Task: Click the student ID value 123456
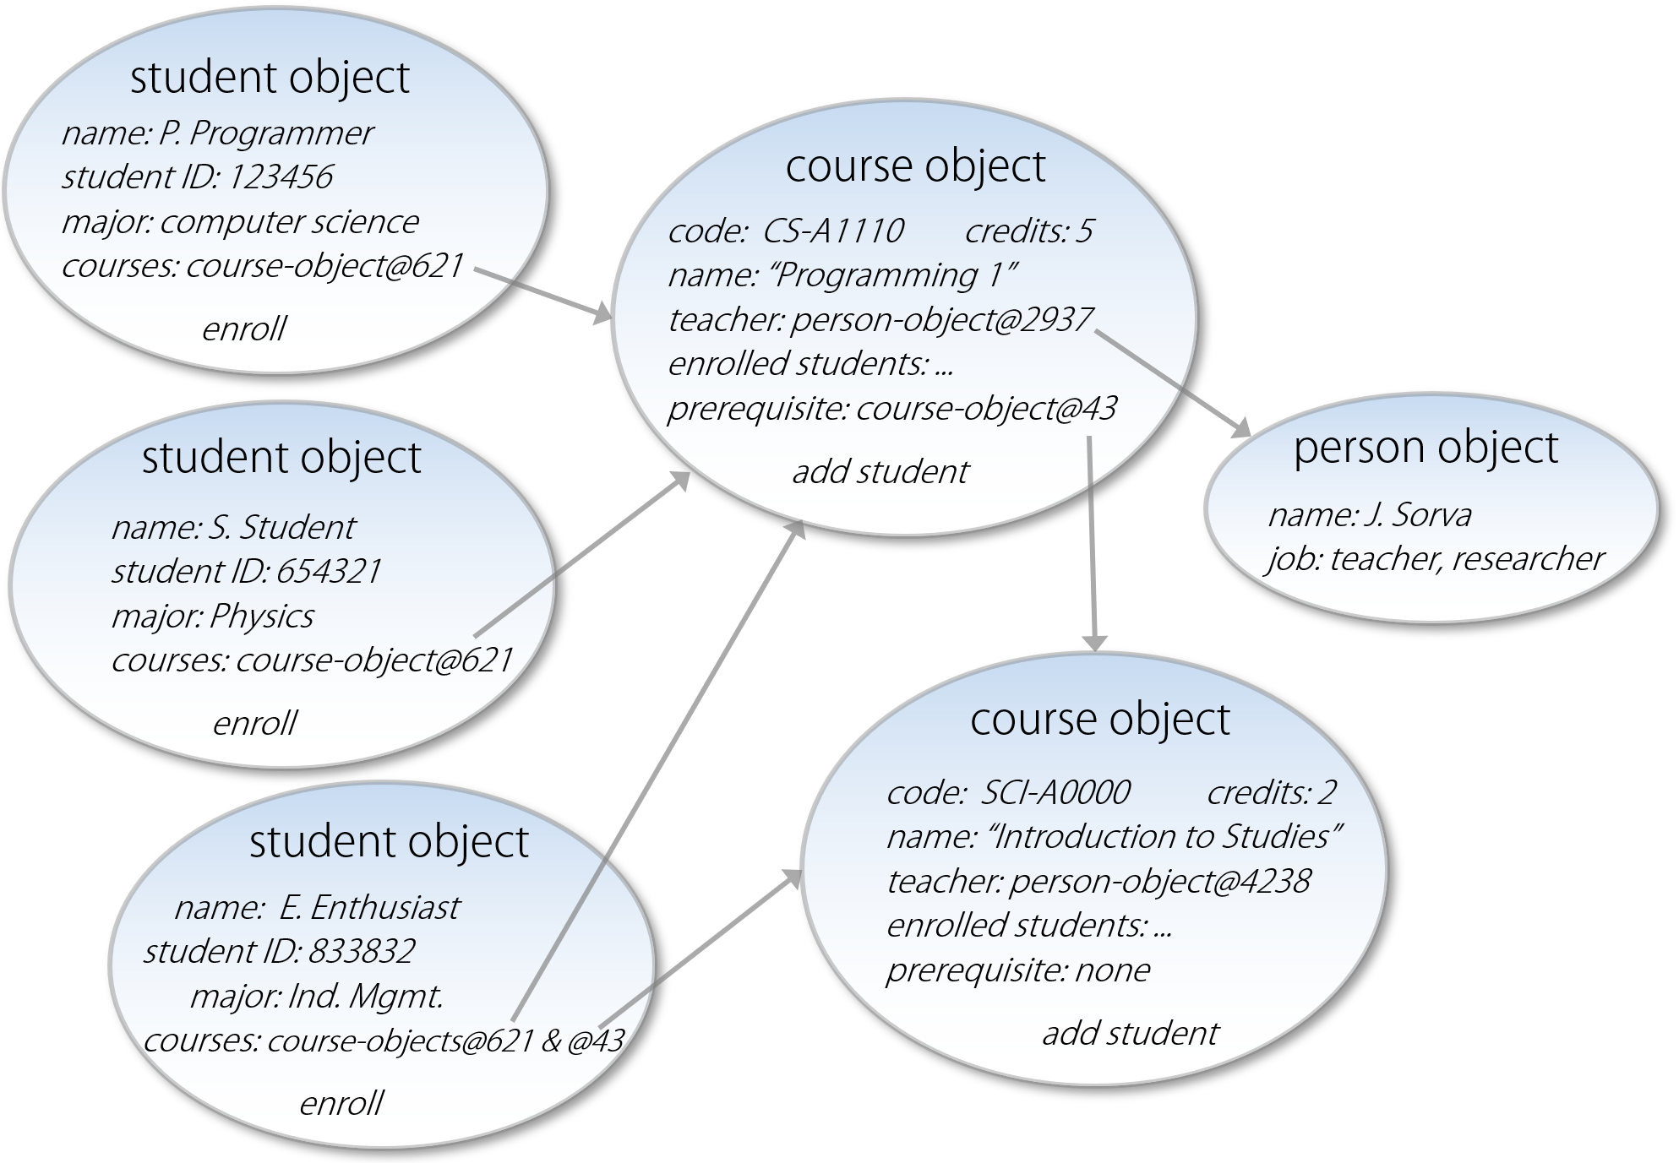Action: coord(281,177)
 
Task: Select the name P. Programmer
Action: coord(265,133)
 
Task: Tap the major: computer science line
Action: coord(240,222)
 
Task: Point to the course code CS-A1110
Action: coord(832,231)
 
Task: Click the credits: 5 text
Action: coord(1028,231)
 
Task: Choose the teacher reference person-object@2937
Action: coord(941,320)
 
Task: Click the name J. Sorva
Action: coord(1417,514)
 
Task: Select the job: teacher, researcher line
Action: coord(1435,559)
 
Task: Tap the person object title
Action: coord(1426,448)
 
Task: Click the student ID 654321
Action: coord(328,572)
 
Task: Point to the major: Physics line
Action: coord(212,617)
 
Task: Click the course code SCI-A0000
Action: coord(1055,792)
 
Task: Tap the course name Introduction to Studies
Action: coord(1165,837)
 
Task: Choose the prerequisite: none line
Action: coord(1017,970)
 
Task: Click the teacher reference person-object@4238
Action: coord(1159,882)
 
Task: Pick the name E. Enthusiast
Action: coord(369,908)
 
